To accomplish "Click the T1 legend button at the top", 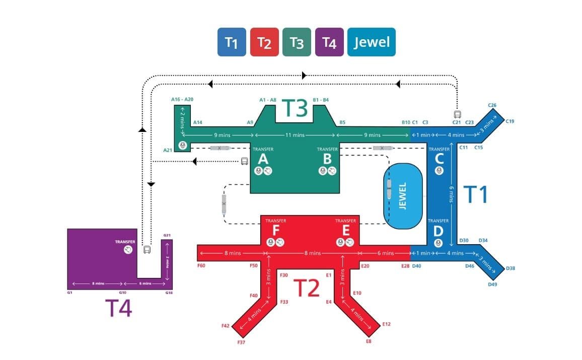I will click(x=232, y=42).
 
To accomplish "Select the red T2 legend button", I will click(x=264, y=42).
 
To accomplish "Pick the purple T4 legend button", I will click(x=329, y=42).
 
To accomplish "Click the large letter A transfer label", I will click(x=263, y=159).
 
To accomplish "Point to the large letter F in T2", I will click(x=275, y=231).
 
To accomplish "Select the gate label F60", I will click(x=201, y=265).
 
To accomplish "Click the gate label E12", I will click(x=387, y=324).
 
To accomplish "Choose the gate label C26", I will click(x=492, y=105).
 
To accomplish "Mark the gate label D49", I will click(x=492, y=284).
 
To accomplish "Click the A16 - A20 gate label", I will click(x=182, y=100).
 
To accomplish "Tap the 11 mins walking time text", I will click(x=295, y=135).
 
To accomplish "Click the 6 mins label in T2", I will click(x=386, y=253).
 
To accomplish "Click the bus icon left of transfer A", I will click(x=244, y=161).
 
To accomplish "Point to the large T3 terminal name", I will click(x=294, y=108).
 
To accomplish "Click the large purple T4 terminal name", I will click(x=118, y=308).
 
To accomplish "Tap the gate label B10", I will click(x=406, y=122).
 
